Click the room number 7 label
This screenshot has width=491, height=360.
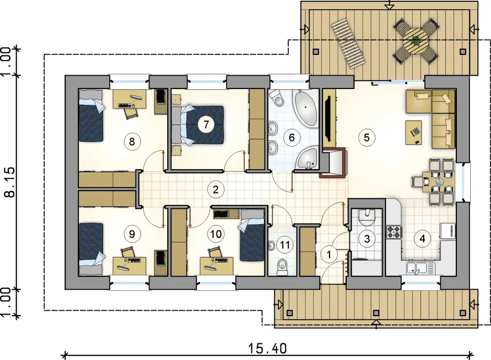click(x=206, y=124)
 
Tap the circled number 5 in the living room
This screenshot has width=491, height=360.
click(x=367, y=138)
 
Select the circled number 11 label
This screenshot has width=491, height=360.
click(x=285, y=245)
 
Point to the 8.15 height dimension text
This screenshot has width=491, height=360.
click(x=10, y=182)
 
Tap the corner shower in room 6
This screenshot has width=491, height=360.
click(x=307, y=158)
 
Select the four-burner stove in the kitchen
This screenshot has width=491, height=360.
click(x=394, y=232)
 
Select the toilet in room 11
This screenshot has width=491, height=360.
click(x=282, y=268)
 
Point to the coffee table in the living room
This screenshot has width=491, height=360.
click(x=414, y=132)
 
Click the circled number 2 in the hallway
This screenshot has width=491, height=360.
click(x=216, y=190)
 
